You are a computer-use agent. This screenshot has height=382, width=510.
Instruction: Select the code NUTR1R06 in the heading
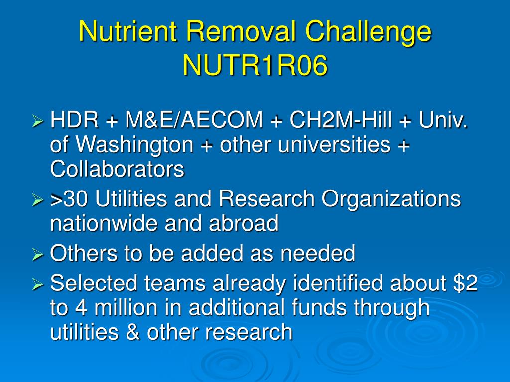pyautogui.click(x=255, y=65)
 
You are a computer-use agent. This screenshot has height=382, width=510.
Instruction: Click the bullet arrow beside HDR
pyautogui.click(x=38, y=121)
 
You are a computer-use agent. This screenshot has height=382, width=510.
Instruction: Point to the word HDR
pyautogui.click(x=74, y=119)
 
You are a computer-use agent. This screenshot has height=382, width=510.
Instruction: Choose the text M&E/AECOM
pyautogui.click(x=194, y=119)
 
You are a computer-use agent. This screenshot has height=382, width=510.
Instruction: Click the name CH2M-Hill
pyautogui.click(x=341, y=119)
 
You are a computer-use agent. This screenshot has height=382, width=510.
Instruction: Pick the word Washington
pyautogui.click(x=134, y=145)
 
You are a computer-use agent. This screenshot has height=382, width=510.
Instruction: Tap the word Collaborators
pyautogui.click(x=118, y=169)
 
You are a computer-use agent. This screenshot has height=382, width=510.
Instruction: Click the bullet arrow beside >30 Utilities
pyautogui.click(x=38, y=200)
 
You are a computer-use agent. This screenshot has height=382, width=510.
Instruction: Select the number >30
pyautogui.click(x=69, y=198)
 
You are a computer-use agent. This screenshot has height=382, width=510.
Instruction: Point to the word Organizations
pyautogui.click(x=391, y=199)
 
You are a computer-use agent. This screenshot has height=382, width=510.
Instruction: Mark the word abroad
pyautogui.click(x=244, y=223)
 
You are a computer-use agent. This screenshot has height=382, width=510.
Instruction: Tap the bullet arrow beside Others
pyautogui.click(x=38, y=255)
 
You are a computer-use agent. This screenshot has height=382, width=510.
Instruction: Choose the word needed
pyautogui.click(x=318, y=253)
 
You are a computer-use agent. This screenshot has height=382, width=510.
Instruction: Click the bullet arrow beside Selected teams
pyautogui.click(x=38, y=285)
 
